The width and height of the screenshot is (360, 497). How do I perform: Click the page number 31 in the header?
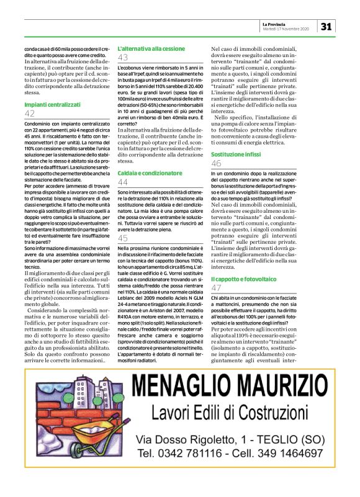[327, 26]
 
